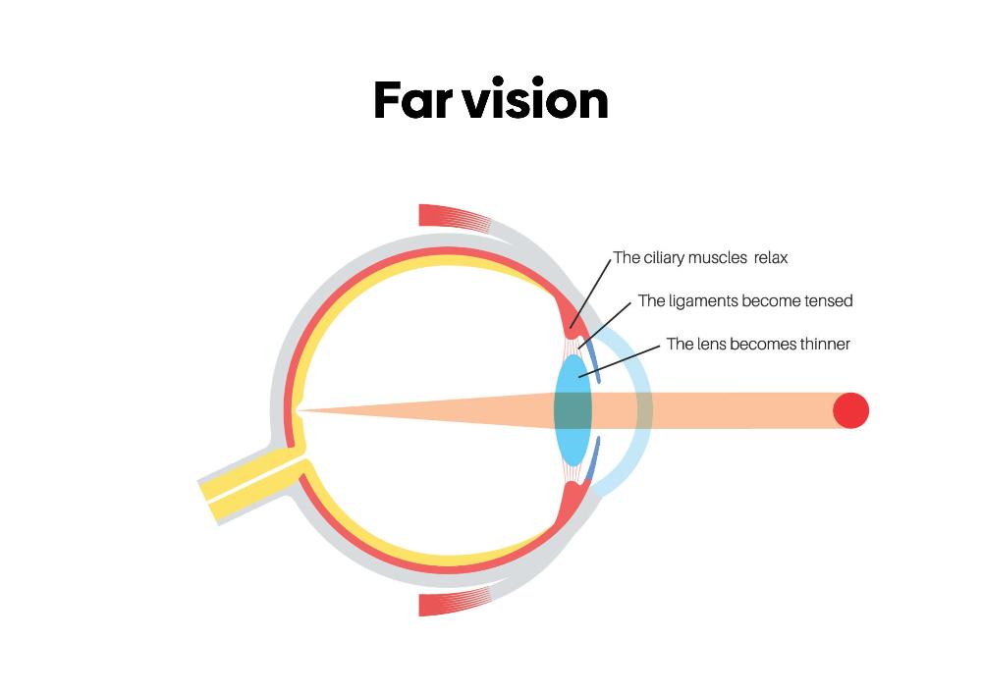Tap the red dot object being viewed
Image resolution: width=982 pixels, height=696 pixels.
[850, 410]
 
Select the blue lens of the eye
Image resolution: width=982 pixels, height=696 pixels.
[573, 410]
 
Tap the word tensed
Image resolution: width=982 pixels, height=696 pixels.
[828, 301]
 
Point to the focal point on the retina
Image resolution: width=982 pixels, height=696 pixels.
[297, 410]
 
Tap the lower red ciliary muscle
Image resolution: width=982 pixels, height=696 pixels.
[573, 505]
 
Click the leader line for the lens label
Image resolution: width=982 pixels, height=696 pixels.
[624, 359]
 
